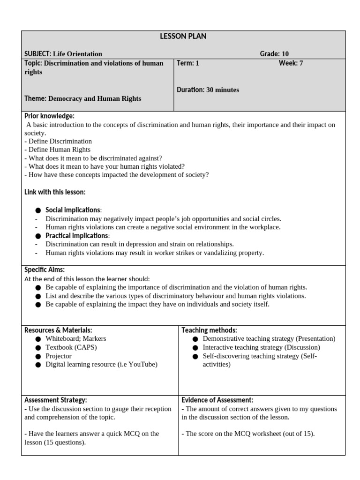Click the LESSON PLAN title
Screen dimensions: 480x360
point(183,37)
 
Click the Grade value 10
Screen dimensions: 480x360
point(285,54)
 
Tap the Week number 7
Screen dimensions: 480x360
point(301,63)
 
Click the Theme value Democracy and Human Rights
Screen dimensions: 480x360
point(95,98)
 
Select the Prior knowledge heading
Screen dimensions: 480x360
point(49,116)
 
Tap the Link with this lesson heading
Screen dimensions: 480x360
point(55,192)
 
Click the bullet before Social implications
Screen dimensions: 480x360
point(38,210)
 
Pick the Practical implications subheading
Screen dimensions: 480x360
point(77,236)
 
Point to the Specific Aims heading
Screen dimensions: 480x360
point(45,270)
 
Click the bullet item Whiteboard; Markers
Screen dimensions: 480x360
point(75,338)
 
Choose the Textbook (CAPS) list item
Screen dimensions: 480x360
point(71,347)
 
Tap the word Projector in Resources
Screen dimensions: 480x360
point(59,356)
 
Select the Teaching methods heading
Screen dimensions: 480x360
point(209,330)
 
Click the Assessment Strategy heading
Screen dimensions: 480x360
point(56,400)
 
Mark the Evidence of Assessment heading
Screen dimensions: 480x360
point(217,400)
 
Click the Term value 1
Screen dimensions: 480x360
point(197,63)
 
